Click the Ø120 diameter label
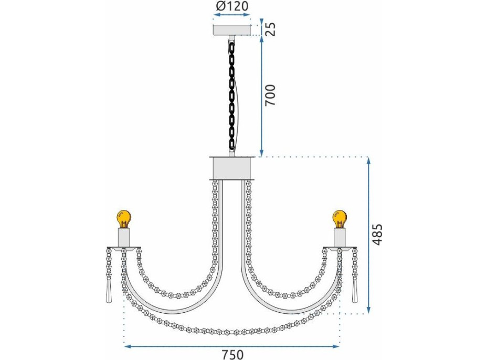[232, 6]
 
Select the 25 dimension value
[271, 28]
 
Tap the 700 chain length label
[270, 95]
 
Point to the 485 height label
[377, 235]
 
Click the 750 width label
[232, 354]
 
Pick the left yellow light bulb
[124, 219]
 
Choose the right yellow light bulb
[340, 219]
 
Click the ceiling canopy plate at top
[232, 30]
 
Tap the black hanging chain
[232, 96]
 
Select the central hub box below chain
[232, 168]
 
